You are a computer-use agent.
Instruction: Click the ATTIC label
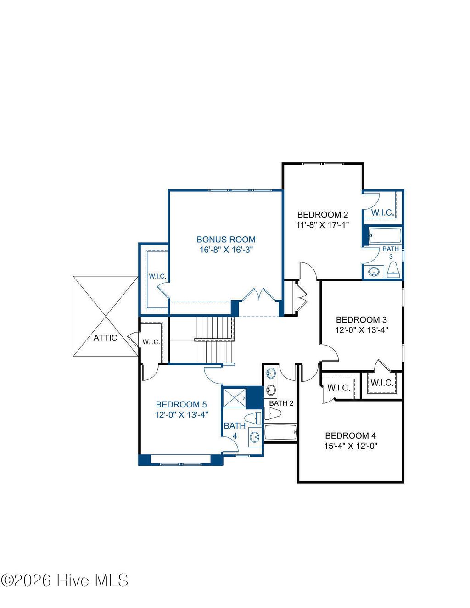tap(105, 338)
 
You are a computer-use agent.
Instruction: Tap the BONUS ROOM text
tap(226, 239)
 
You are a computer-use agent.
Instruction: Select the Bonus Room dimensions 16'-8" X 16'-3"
tap(226, 250)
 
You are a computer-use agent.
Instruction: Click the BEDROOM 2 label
tap(322, 214)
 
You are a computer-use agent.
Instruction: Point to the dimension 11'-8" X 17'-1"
tap(322, 225)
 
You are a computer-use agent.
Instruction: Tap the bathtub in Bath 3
tap(385, 236)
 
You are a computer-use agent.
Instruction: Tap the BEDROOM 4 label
tap(350, 435)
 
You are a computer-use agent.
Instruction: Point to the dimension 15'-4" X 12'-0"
tap(350, 446)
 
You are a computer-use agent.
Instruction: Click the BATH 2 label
tap(281, 403)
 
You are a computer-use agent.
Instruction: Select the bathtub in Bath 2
tap(281, 432)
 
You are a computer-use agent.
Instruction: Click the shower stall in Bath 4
tap(234, 397)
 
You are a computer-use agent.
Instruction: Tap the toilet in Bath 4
tap(253, 418)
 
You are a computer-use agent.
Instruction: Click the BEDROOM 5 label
tap(181, 404)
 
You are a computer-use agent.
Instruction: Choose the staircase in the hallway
tap(215, 339)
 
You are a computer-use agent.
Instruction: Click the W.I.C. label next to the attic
tap(151, 342)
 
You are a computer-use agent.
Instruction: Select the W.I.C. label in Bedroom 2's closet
tap(382, 212)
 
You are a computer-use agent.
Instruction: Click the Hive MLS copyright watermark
tap(64, 580)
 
